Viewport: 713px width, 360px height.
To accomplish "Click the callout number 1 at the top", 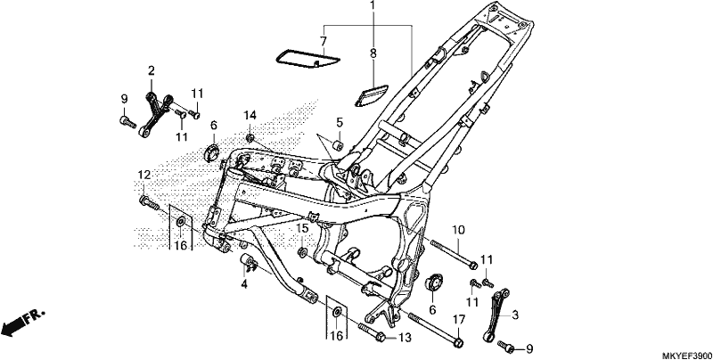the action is [373, 6].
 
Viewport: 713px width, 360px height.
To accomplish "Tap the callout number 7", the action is [324, 41].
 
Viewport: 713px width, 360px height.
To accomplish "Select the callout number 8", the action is [373, 53].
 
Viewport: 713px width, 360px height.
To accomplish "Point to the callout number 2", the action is [151, 70].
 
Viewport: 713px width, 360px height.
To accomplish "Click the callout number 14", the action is [250, 115].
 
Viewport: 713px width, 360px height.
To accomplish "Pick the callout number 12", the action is [144, 175].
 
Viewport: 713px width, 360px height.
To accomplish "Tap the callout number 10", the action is [457, 230].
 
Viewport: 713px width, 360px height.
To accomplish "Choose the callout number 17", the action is [459, 320].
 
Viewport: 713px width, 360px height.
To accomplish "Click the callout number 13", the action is [406, 337].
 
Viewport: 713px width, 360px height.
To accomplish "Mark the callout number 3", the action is [515, 315].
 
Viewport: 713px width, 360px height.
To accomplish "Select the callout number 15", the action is [303, 229].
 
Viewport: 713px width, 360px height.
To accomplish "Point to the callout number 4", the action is [244, 285].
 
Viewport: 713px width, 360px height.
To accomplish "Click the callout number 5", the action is [340, 122].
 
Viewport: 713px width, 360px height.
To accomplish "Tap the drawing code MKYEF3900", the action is [686, 355].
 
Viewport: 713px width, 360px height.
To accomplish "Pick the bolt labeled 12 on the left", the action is [149, 202].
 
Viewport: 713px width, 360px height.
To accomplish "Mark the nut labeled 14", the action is [250, 137].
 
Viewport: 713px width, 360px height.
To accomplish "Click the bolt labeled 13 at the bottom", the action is [373, 332].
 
